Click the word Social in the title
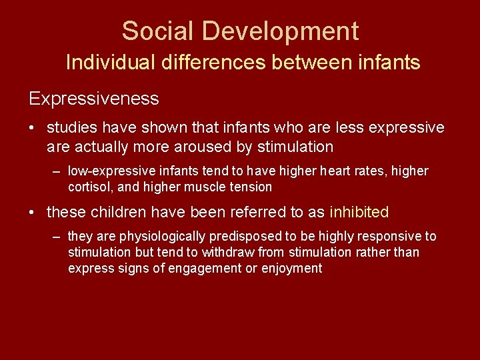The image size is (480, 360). click(159, 31)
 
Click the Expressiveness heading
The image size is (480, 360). click(94, 99)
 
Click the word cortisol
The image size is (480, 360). click(90, 187)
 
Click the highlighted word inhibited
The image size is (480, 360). click(359, 213)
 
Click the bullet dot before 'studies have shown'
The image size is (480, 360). click(33, 128)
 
